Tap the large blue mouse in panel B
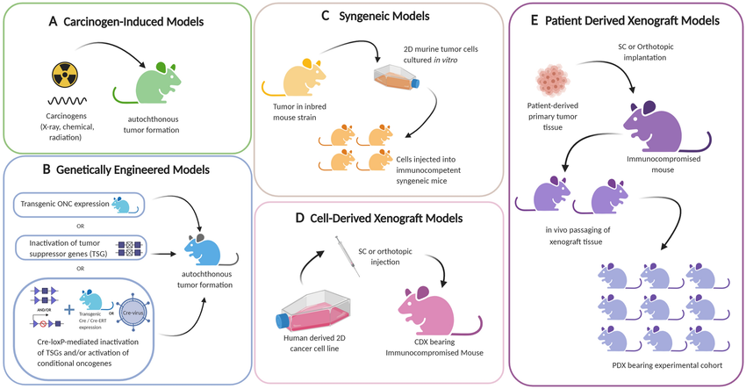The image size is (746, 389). point(211,251)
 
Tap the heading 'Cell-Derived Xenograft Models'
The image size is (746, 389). point(387,217)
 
